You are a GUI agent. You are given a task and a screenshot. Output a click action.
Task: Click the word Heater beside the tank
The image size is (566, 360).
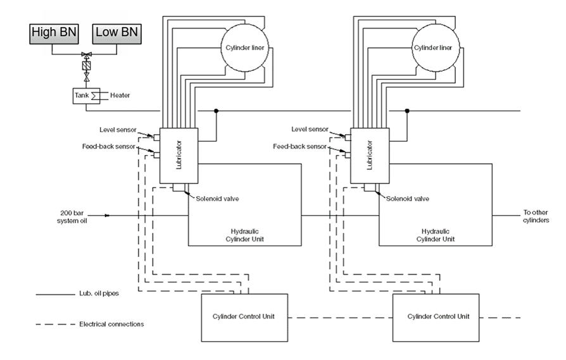(121, 96)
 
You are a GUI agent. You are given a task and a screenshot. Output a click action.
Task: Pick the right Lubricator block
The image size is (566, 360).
(369, 155)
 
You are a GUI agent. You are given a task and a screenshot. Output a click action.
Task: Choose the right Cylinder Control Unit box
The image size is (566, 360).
(439, 316)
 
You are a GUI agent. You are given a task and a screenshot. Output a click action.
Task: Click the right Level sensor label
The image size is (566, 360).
(310, 129)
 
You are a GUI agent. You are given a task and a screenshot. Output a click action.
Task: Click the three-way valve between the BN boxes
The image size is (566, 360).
(86, 55)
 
